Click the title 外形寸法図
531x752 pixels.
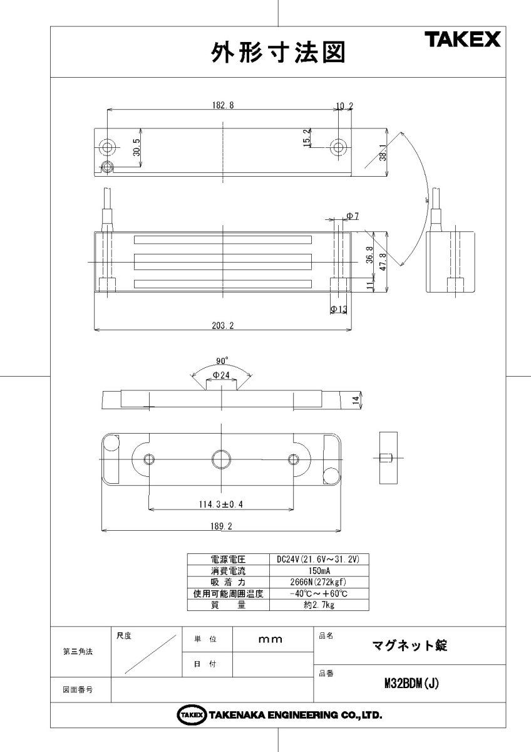coord(278,53)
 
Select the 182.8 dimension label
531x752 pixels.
coord(222,105)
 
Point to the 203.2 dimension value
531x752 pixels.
coord(222,325)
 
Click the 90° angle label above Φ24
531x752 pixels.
coord(222,361)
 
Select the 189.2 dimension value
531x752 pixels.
coord(222,527)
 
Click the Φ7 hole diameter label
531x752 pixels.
coord(353,216)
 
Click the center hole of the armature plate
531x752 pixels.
coord(221,459)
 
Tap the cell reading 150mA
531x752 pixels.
coord(321,571)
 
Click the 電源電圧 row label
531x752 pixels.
coord(228,559)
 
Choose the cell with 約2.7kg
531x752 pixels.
coord(321,605)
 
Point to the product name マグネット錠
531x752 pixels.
coord(410,645)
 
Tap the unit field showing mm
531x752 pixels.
coord(271,640)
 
